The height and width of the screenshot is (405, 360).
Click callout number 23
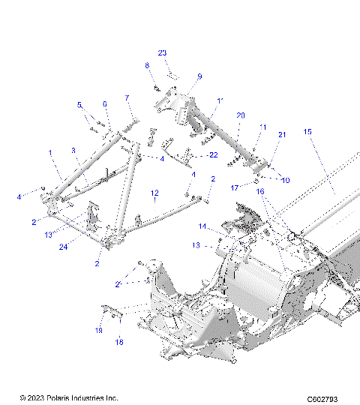pyautogui.click(x=162, y=52)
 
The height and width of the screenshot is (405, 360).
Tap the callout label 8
pyautogui.click(x=147, y=66)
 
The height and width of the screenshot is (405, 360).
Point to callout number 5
pyautogui.click(x=79, y=105)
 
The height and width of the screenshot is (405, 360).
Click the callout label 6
pyautogui.click(x=105, y=104)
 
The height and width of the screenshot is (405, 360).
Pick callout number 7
pyautogui.click(x=127, y=98)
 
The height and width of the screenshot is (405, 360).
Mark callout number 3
pyautogui.click(x=74, y=151)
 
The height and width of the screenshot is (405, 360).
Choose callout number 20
pyautogui.click(x=240, y=115)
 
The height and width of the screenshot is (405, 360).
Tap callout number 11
pyautogui.click(x=263, y=127)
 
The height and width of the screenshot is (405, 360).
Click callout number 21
pyautogui.click(x=283, y=134)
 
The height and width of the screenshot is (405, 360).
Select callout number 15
pyautogui.click(x=307, y=132)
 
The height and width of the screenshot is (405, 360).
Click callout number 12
pyautogui.click(x=154, y=193)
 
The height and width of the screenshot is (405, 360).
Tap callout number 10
pyautogui.click(x=284, y=180)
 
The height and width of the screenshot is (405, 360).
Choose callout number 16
pyautogui.click(x=261, y=192)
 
